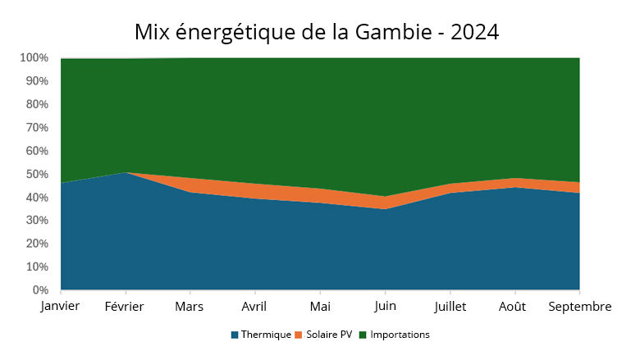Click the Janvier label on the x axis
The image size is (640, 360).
pyautogui.click(x=60, y=307)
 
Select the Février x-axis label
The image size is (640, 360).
pyautogui.click(x=125, y=307)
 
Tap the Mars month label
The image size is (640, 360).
pyautogui.click(x=190, y=307)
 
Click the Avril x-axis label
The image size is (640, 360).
pyautogui.click(x=255, y=307)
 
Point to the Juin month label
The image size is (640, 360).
pyautogui.click(x=385, y=307)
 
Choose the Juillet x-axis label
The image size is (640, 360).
pyautogui.click(x=450, y=307)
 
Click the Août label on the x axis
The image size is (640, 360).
pyautogui.click(x=514, y=307)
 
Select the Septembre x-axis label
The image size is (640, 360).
pyautogui.click(x=579, y=307)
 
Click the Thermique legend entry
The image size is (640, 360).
pyautogui.click(x=261, y=335)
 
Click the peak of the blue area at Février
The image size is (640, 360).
pyautogui.click(x=125, y=173)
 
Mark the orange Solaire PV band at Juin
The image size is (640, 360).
pyautogui.click(x=385, y=203)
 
